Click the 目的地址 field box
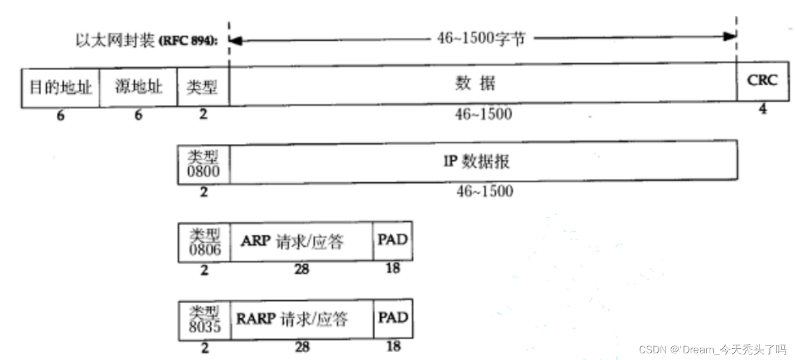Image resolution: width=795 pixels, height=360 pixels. coord(60,87)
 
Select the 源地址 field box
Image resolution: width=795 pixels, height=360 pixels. coord(138,87)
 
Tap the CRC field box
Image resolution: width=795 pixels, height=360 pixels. coord(762,81)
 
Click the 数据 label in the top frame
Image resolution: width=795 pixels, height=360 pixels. coord(475,84)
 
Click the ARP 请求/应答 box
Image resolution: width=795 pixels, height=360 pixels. coord(302,242)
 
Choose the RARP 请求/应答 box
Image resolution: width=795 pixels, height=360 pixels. coord(302,319)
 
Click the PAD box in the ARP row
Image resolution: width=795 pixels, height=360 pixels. coord(393,241)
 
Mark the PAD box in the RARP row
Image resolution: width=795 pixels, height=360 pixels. coord(393,318)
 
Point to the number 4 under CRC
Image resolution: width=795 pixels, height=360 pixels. coord(762,109)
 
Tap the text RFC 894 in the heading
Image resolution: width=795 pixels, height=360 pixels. coord(188,42)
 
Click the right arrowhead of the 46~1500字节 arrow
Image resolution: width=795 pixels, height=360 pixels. coord(731,37)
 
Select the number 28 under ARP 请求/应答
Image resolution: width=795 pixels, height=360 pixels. coord(302,270)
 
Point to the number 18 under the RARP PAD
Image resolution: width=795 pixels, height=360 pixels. coord(393,346)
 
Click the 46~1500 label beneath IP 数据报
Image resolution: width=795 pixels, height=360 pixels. coord(484,191)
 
